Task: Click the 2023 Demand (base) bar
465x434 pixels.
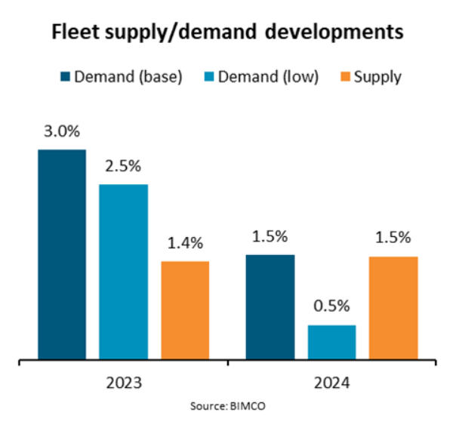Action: (x=62, y=254)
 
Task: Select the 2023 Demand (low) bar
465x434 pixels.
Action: (x=123, y=272)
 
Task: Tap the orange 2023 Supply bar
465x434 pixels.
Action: (x=184, y=310)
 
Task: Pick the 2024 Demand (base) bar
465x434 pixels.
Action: (x=270, y=307)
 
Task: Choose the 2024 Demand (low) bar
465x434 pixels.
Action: (x=331, y=342)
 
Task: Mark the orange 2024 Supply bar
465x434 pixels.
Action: (x=393, y=308)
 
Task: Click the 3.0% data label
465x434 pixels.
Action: (x=62, y=132)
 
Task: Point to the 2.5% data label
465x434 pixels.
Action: (x=123, y=167)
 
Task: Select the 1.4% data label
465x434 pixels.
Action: (x=185, y=243)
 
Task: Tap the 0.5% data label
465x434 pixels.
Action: (x=331, y=307)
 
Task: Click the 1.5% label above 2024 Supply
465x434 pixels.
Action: (x=393, y=238)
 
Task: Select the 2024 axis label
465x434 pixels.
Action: (x=331, y=382)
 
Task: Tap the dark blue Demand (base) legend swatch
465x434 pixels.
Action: (x=65, y=76)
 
